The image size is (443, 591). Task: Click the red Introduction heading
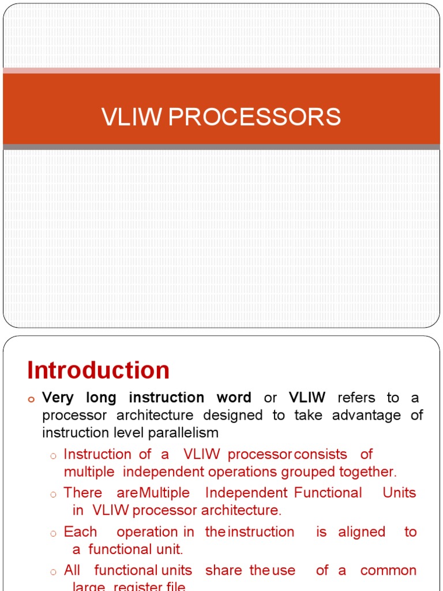98,370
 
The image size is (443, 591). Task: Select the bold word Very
59,398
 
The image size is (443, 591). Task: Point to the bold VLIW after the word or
307,398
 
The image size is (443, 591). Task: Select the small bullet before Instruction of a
52,456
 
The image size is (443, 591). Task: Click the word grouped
307,472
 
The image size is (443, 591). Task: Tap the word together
367,472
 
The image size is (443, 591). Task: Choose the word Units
399,493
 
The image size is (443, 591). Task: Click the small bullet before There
52,494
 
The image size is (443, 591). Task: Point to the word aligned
362,532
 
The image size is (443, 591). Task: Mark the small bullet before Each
52,533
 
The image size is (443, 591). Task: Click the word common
388,570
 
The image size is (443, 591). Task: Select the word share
224,570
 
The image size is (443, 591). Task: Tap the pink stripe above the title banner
221,70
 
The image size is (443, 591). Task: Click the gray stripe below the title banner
221,147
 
